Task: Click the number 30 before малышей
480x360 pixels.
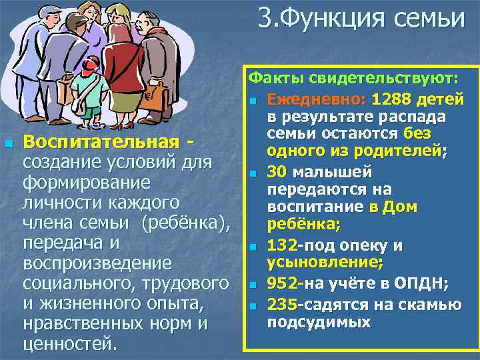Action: click(x=276, y=172)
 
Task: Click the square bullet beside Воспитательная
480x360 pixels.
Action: click(x=8, y=143)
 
